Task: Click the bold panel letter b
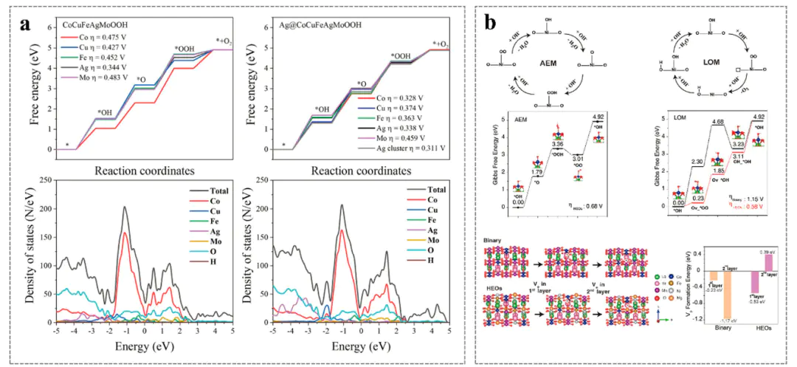(x=489, y=23)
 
